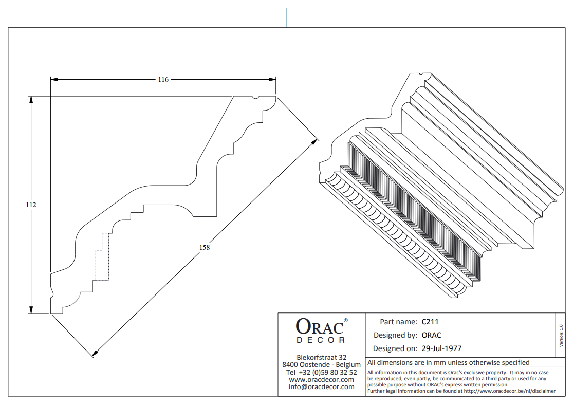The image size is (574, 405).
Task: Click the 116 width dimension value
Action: click(163, 80)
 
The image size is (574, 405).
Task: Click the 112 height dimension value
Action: click(31, 205)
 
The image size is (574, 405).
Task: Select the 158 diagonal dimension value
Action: click(205, 248)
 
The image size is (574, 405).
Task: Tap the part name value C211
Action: click(430, 322)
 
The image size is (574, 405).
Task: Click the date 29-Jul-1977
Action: click(441, 348)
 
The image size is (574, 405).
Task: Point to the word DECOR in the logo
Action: click(321, 340)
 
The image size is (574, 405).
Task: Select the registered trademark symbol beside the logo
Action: click(346, 320)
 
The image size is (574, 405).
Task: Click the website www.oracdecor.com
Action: click(321, 380)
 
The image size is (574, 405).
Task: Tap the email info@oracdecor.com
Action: click(321, 387)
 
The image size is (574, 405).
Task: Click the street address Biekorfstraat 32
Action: click(321, 357)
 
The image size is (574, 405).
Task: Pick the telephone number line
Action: click(321, 373)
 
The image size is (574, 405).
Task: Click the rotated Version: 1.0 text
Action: click(561, 336)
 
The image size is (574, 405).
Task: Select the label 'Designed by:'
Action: click(395, 336)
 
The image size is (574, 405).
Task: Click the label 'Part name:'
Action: click(398, 322)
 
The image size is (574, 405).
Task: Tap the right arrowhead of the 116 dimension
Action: click(272, 80)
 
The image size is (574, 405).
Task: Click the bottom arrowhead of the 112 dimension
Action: click(31, 310)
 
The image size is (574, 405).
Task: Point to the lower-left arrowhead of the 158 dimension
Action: click(95, 354)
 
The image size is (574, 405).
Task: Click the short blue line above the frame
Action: click(287, 17)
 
